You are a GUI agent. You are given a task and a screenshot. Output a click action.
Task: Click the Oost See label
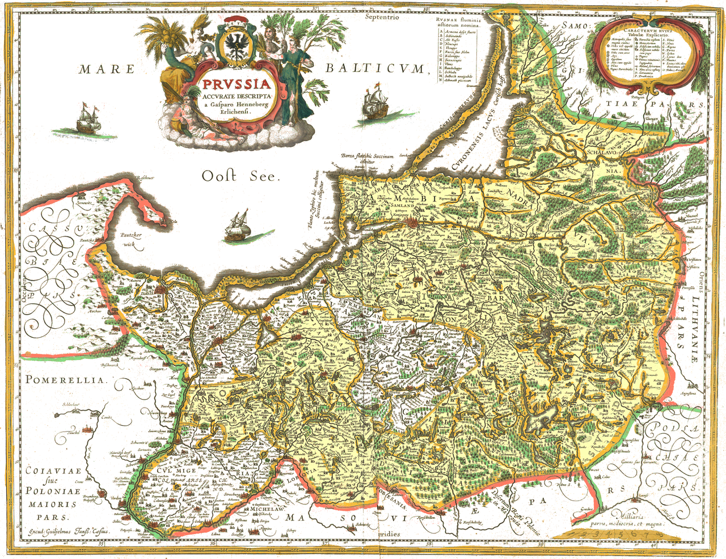tap(241, 176)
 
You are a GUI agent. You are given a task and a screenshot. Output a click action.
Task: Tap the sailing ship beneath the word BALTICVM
tap(373, 102)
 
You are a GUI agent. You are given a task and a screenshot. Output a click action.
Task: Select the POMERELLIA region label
tap(65, 380)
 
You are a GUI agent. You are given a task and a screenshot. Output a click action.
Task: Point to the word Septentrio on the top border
tap(382, 17)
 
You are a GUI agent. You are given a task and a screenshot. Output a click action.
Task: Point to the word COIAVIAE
tap(53, 471)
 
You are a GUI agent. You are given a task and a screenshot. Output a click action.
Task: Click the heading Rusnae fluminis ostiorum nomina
tap(458, 22)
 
